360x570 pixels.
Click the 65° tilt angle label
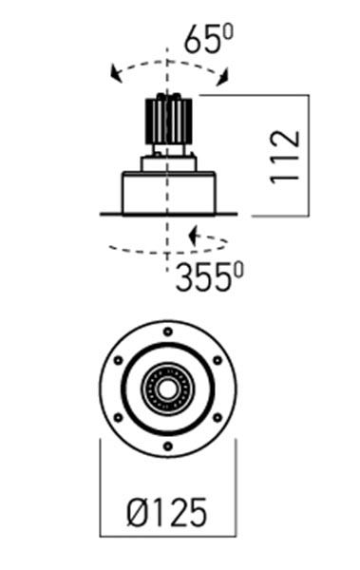coord(208,39)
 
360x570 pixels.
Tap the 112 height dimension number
coord(285,157)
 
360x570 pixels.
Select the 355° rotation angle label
coord(210,277)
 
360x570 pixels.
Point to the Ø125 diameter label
coord(167,513)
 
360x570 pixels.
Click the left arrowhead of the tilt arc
coord(116,74)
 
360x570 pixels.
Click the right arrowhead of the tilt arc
coord(222,78)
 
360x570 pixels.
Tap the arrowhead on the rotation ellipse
coord(193,236)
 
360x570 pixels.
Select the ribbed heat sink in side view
coord(168,121)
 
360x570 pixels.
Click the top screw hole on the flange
coord(167,332)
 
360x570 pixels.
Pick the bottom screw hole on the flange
coord(167,446)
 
